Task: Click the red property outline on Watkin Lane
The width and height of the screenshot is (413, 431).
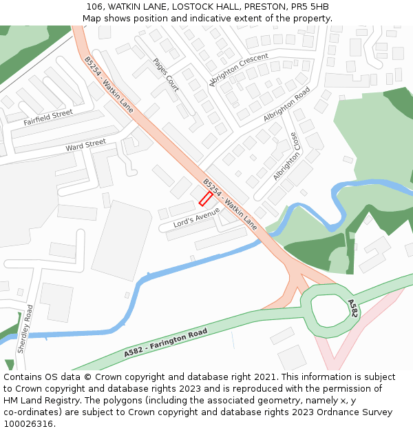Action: pos(205,199)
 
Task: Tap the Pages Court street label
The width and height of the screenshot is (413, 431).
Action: pos(166,74)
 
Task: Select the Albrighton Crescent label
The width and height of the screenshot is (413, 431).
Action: pos(239,70)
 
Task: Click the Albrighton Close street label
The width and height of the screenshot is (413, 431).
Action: pos(286,157)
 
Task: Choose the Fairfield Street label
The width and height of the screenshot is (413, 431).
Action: pos(47,117)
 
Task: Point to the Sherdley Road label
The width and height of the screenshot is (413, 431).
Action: pos(25,328)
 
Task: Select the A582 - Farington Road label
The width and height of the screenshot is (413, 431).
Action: pos(166,343)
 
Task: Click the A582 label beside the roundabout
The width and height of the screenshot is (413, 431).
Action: pos(352,308)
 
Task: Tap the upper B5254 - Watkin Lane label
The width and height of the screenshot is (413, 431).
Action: pos(109,85)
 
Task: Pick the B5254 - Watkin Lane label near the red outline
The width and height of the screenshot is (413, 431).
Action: pos(230,204)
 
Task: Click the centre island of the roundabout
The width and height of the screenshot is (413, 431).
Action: pos(330,308)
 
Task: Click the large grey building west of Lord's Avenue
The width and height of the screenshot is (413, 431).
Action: pos(122,241)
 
